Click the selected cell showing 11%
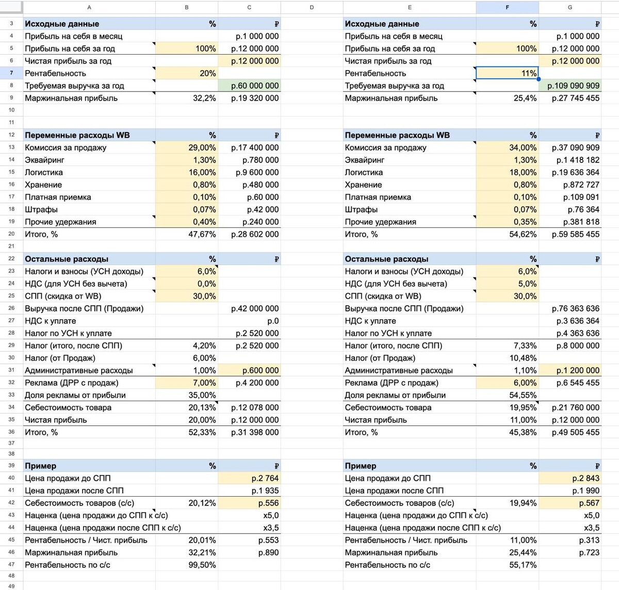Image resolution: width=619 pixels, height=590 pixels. (507, 73)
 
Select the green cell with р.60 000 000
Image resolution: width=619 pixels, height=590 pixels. (250, 86)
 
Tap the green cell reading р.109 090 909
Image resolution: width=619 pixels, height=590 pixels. (570, 86)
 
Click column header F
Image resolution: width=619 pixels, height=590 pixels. (507, 7)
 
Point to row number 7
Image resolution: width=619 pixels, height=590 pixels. (11, 73)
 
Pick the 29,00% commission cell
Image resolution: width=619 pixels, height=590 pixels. (187, 147)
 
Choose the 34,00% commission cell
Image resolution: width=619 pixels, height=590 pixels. (507, 147)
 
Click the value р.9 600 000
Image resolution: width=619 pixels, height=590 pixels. (250, 172)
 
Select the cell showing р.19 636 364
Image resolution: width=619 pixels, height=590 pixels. (570, 172)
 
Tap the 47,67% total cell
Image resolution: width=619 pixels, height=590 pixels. (187, 234)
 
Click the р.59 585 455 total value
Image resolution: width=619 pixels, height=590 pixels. (570, 234)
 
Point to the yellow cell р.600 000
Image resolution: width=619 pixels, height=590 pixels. (250, 370)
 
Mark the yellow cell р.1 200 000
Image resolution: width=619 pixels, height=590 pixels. (570, 370)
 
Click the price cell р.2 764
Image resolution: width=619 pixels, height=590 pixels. (250, 478)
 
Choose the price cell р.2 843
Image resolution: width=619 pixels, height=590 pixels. (570, 478)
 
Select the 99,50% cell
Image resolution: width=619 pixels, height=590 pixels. (187, 565)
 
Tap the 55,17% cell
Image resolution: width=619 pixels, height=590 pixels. (507, 565)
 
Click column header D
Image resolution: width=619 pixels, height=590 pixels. (312, 7)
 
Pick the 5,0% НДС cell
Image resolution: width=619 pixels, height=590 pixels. (507, 284)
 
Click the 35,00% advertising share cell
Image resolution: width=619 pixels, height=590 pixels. (187, 395)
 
